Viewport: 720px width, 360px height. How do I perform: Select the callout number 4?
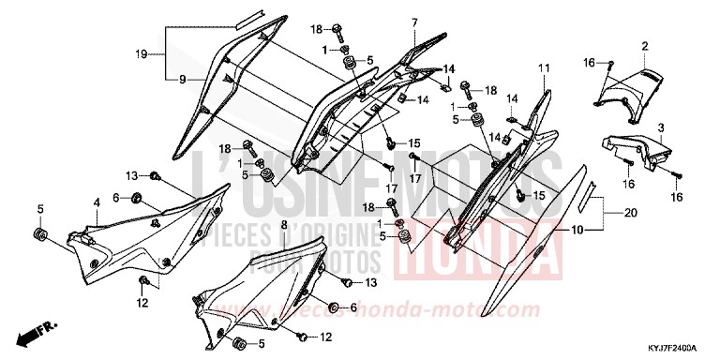(x=97, y=202)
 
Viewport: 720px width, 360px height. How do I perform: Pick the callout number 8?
(x=283, y=225)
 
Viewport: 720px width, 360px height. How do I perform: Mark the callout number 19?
(x=142, y=55)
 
